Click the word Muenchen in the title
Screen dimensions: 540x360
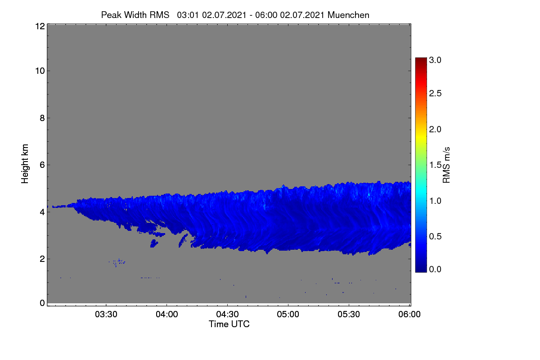(x=348, y=15)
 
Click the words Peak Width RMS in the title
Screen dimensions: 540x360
(x=135, y=15)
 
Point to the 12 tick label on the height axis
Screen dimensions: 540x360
(x=40, y=26)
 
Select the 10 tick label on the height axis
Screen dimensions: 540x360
(x=40, y=71)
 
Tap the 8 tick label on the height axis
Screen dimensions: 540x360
(x=42, y=118)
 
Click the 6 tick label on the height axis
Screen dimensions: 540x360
(x=42, y=165)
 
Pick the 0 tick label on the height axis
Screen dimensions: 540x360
(x=42, y=303)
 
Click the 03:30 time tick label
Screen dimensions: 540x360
(x=106, y=314)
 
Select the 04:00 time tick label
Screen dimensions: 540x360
(x=167, y=314)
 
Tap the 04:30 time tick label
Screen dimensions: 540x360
(x=227, y=314)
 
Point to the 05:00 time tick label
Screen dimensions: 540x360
(x=288, y=314)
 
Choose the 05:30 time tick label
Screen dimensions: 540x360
(x=349, y=314)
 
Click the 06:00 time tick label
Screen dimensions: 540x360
(x=409, y=314)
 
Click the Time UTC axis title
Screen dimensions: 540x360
(x=229, y=324)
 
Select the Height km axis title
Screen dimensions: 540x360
(x=25, y=164)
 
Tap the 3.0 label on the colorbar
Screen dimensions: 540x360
(x=435, y=60)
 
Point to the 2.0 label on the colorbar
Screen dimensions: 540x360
(x=435, y=129)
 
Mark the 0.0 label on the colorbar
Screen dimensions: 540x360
(x=435, y=269)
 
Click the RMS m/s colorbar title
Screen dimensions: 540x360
(x=446, y=165)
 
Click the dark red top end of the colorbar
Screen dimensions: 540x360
(x=421, y=59)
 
